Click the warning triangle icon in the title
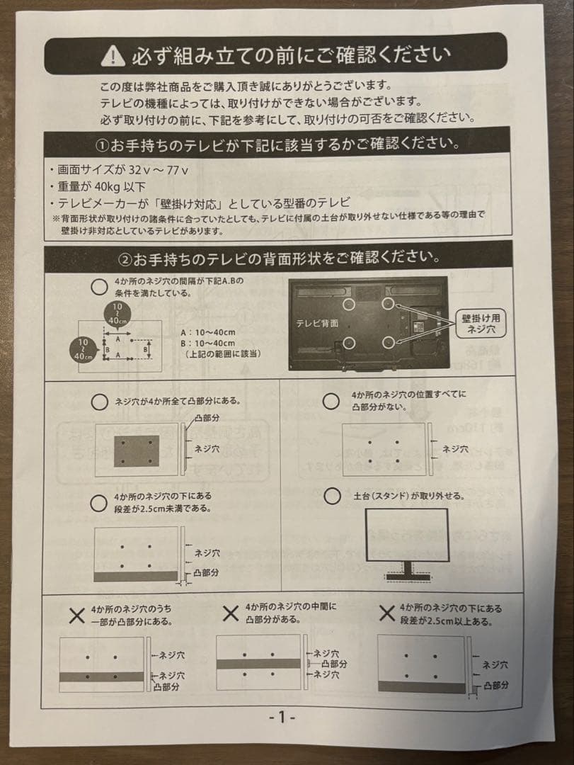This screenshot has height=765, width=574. point(113,54)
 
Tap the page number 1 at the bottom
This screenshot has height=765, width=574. point(281,717)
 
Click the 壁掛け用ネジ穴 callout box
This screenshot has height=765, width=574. point(481,324)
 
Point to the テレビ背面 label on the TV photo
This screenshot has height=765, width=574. point(316,323)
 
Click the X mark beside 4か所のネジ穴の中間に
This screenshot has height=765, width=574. point(230,613)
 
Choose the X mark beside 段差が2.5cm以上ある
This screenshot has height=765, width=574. point(386,613)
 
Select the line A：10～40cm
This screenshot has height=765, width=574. point(208,332)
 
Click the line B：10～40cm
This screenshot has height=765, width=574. point(208,343)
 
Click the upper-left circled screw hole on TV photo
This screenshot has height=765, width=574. point(348,304)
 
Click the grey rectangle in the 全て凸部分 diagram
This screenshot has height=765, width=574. point(137,450)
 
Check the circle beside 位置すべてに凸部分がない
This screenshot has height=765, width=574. point(331,402)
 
